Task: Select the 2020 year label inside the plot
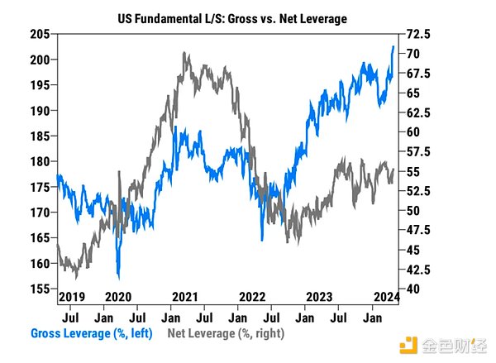119,296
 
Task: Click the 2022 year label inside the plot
251,296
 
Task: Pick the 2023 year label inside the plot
320,296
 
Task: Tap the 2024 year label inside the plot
384,296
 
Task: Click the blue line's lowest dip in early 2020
120,277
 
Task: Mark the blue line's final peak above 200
393,46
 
